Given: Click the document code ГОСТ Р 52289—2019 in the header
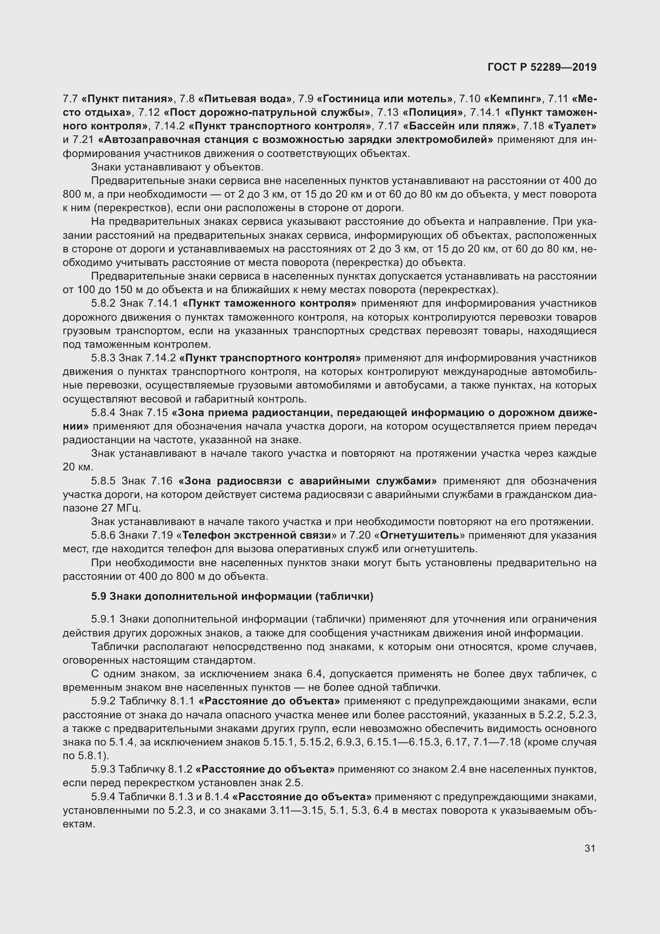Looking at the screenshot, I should (x=542, y=67).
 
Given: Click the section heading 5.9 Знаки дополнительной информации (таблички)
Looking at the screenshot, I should (x=232, y=596).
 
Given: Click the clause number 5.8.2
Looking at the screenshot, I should (x=104, y=303).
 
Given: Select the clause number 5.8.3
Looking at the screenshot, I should (x=104, y=358).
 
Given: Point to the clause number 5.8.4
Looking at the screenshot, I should (x=104, y=412).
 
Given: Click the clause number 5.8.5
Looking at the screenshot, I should (x=104, y=481).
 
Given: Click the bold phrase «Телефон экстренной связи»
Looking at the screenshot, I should (x=257, y=535).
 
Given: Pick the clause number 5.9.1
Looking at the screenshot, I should (x=104, y=619).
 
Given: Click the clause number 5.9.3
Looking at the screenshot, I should (x=104, y=769).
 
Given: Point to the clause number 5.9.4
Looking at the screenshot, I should (x=104, y=797).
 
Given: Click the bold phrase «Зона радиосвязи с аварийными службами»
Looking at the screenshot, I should (x=308, y=481).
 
